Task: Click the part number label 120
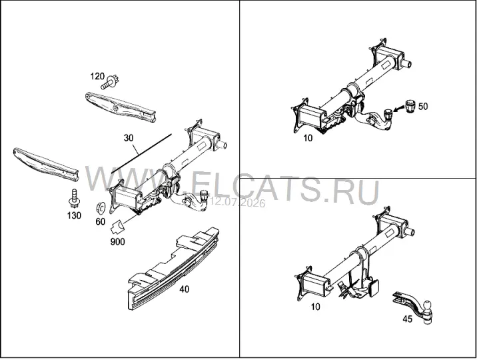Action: pyautogui.click(x=97, y=76)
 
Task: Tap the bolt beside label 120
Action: pyautogui.click(x=110, y=83)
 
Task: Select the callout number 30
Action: pyautogui.click(x=129, y=138)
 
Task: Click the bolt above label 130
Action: pyautogui.click(x=73, y=198)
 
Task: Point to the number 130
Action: pyautogui.click(x=74, y=215)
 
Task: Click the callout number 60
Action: pyautogui.click(x=101, y=221)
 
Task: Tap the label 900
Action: pyautogui.click(x=117, y=241)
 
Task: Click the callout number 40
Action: pyautogui.click(x=185, y=289)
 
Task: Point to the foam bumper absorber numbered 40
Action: pyautogui.click(x=173, y=268)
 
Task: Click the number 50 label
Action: pyautogui.click(x=423, y=106)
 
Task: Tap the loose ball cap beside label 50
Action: pyautogui.click(x=409, y=106)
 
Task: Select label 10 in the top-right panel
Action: pyautogui.click(x=308, y=138)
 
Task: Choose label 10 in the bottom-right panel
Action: pyautogui.click(x=316, y=307)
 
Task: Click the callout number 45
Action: pyautogui.click(x=407, y=319)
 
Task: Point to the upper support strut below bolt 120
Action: pyautogui.click(x=121, y=107)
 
